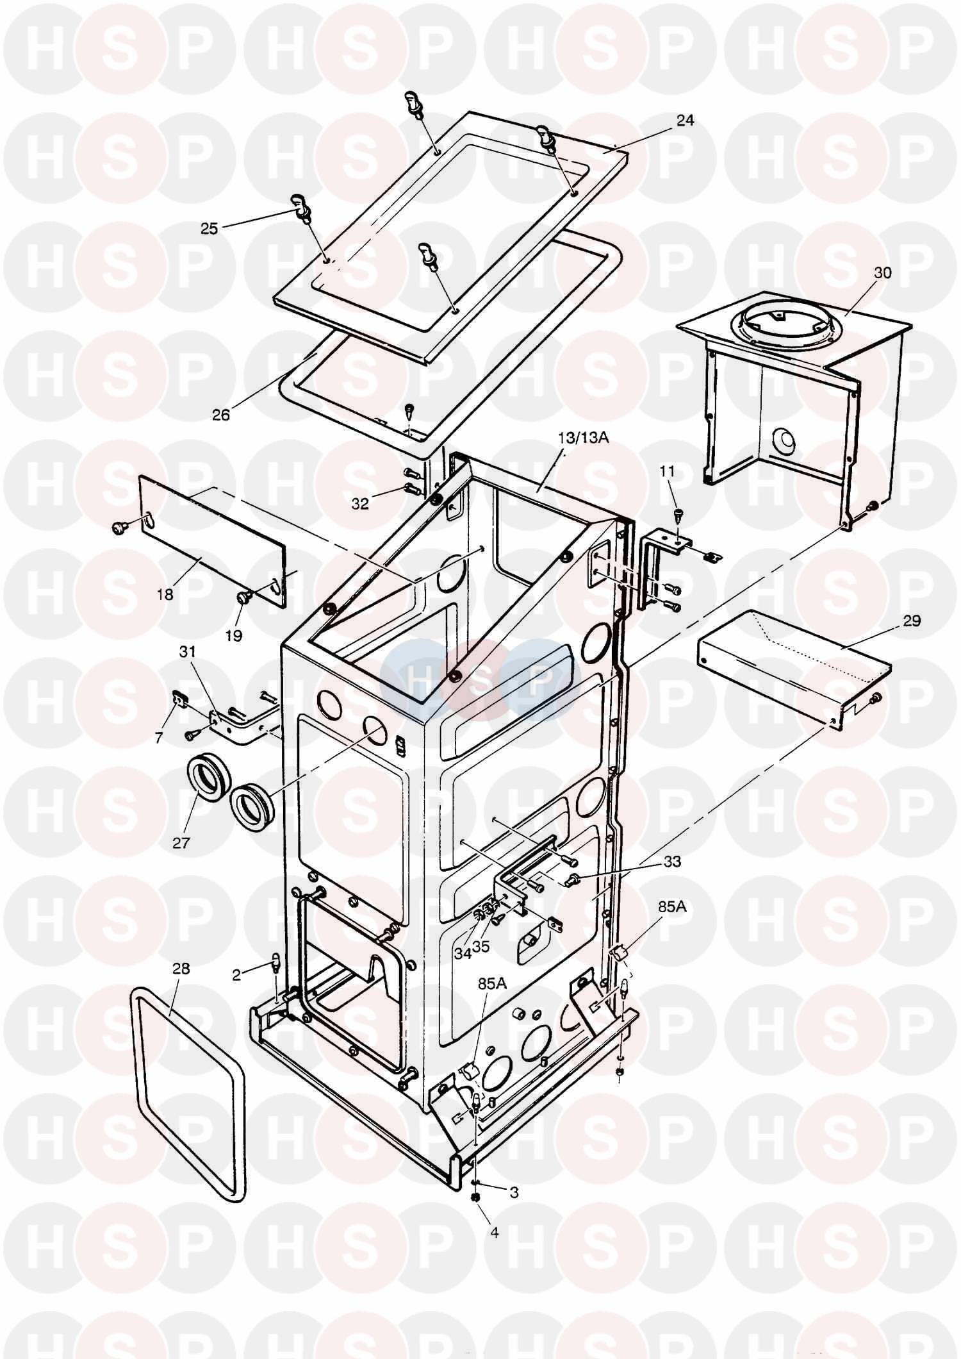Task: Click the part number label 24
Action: [x=685, y=121]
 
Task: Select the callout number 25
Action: [x=209, y=228]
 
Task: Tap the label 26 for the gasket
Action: [x=221, y=414]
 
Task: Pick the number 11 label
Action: [x=668, y=471]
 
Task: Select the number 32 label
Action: [x=361, y=504]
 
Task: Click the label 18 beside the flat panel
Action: [x=165, y=594]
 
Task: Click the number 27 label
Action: [x=181, y=842]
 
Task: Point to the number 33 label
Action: [x=672, y=862]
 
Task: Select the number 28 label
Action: [x=181, y=968]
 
